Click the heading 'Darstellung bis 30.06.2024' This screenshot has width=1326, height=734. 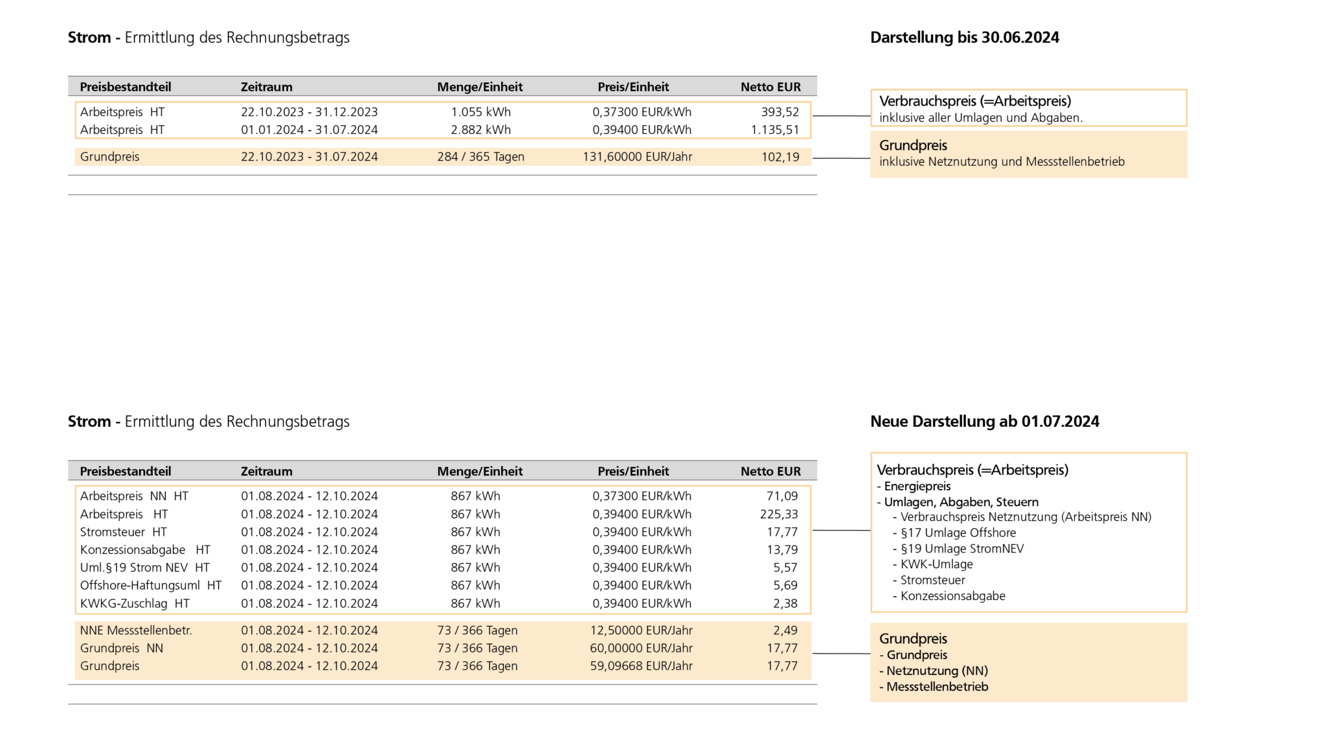click(964, 38)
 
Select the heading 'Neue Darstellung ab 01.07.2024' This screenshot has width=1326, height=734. click(984, 422)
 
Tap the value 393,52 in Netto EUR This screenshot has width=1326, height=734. click(780, 112)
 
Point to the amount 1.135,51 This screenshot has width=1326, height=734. click(774, 130)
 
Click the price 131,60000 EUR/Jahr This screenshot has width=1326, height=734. click(637, 157)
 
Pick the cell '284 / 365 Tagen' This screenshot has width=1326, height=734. click(480, 157)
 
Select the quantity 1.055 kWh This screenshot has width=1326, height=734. click(480, 112)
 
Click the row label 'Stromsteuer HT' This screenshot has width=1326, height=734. click(123, 532)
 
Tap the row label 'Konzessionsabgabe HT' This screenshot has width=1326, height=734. click(145, 550)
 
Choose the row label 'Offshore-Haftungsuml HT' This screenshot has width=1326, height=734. click(150, 586)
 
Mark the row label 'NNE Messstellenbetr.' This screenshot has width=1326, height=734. click(136, 630)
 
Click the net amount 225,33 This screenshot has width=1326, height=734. click(778, 514)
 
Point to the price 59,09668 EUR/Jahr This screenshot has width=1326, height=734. click(641, 666)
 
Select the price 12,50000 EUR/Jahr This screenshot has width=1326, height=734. click(641, 630)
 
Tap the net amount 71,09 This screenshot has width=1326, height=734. click(781, 496)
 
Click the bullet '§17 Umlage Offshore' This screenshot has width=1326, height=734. click(958, 533)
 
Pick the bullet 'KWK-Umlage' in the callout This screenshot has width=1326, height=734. click(936, 564)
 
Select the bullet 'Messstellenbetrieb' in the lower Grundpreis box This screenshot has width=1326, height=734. click(936, 687)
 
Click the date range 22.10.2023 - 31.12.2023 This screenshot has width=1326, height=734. click(309, 112)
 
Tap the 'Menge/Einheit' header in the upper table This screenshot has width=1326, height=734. click(480, 87)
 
